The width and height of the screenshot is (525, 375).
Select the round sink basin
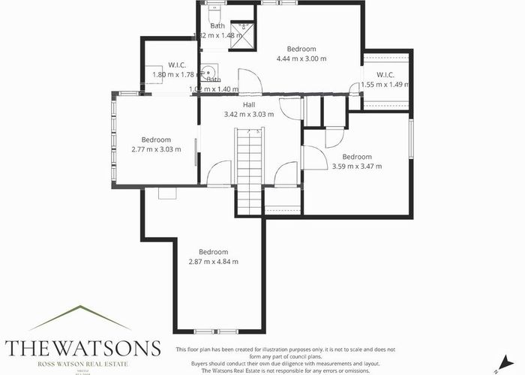(205, 74)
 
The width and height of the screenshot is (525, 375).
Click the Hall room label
(249, 105)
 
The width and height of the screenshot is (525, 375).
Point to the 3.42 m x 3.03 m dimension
(249, 115)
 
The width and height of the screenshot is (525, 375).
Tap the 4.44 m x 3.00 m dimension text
(301, 58)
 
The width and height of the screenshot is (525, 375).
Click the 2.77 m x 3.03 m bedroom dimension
(157, 149)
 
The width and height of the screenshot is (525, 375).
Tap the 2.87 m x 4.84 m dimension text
(213, 262)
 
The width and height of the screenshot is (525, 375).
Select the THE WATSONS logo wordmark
(83, 348)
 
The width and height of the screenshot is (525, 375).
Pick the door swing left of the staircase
(219, 174)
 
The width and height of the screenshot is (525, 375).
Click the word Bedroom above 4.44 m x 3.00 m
(301, 49)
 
